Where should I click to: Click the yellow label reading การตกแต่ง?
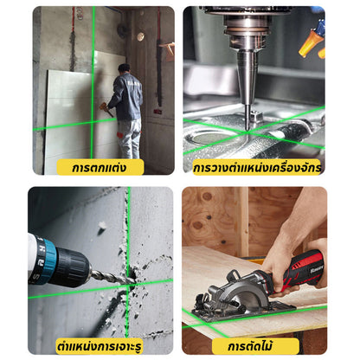tap(100, 167)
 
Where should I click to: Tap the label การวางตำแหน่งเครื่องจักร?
tap(256, 167)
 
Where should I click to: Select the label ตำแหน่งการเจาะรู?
tap(100, 346)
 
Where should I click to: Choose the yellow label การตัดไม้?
tap(255, 346)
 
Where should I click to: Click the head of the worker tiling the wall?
tap(124, 69)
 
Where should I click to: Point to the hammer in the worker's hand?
tap(106, 109)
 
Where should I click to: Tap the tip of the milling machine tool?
tap(247, 129)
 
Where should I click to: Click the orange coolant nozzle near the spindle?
tap(311, 42)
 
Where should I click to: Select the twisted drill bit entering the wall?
tap(112, 277)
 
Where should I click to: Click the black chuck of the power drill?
tap(72, 267)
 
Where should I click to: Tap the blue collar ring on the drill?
tap(49, 261)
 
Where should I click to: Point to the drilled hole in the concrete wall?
tap(132, 278)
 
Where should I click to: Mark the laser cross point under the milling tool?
tap(247, 132)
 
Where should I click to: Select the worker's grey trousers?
tap(130, 138)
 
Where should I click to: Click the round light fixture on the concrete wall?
tap(140, 36)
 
